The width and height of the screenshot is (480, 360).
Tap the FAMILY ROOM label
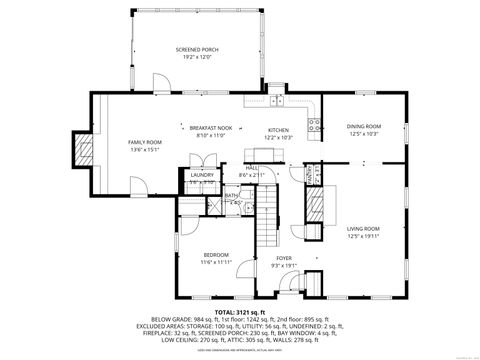coord(144,143)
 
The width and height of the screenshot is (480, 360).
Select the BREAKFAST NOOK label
coord(210,128)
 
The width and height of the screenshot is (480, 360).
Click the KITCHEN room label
coord(278,129)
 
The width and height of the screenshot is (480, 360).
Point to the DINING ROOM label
coord(363,127)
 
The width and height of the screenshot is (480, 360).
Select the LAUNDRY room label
coord(202,175)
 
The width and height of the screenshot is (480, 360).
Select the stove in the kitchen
coord(313,125)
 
